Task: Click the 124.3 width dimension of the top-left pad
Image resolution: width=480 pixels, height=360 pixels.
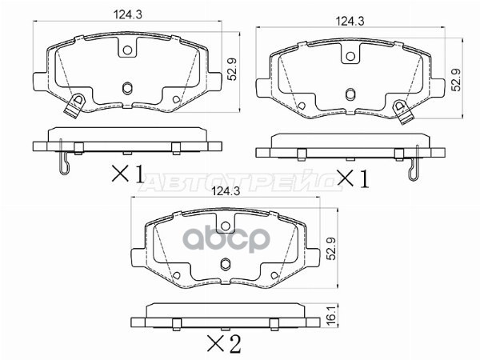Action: (128, 14)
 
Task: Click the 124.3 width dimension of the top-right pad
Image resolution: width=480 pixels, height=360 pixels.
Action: (350, 21)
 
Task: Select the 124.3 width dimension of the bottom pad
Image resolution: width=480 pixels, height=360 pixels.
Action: (226, 191)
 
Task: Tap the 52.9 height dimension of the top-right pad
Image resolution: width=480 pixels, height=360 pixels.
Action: (457, 79)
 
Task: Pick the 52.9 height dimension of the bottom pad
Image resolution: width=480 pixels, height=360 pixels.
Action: (331, 249)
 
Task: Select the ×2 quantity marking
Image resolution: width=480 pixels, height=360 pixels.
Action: (224, 344)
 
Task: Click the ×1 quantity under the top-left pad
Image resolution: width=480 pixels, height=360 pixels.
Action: (127, 174)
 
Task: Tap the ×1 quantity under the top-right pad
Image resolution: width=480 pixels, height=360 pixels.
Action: (353, 178)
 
